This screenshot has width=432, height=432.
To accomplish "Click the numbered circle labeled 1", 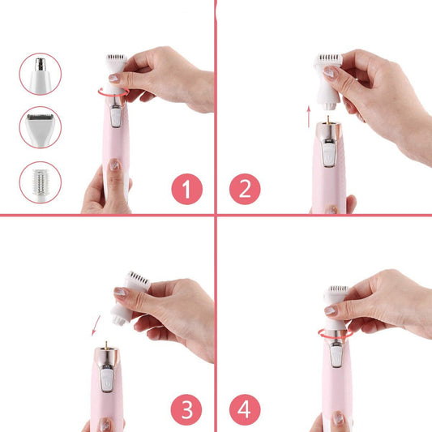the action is tap(186, 189).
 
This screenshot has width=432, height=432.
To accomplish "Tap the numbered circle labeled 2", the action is tap(245, 189).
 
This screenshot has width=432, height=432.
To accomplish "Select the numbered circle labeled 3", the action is tap(186, 409).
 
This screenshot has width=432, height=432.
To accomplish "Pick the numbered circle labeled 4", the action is tap(245, 409).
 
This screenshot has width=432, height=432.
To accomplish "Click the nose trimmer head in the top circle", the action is tap(41, 75).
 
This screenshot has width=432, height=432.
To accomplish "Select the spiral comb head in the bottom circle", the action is tap(41, 183).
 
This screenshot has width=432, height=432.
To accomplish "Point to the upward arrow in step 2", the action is tap(309, 117).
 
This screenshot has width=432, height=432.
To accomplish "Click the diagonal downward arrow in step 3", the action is tap(96, 326).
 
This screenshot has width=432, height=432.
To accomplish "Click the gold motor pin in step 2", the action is tap(328, 120).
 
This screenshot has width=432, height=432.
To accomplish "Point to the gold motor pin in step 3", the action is tap(106, 345).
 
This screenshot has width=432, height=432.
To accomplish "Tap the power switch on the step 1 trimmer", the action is tap(116, 117).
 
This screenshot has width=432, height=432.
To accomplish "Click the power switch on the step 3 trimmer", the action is tap(107, 379).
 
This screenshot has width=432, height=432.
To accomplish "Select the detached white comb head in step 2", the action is tap(328, 81).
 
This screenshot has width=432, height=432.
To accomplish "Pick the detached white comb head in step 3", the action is tap(129, 298).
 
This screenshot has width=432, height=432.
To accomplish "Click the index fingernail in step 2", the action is tap(331, 72).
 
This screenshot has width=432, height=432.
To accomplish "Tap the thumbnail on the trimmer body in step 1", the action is tap(114, 165).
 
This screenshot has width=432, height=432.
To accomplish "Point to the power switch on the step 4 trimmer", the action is tap(336, 356).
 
